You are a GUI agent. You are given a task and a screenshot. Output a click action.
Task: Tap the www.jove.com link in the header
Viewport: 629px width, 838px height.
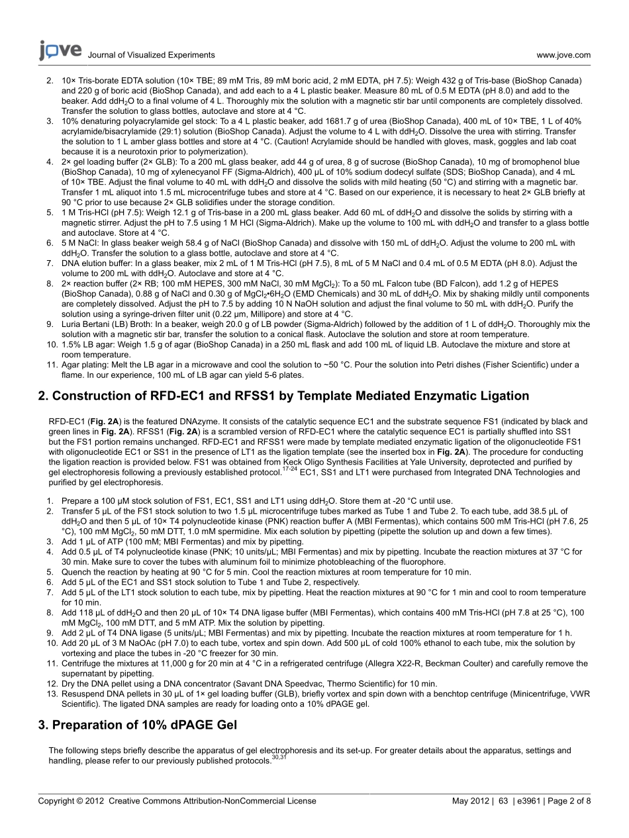pyautogui.click(x=563, y=56)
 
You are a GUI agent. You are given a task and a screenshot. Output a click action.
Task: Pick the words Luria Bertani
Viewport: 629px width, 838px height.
pyautogui.click(x=87, y=324)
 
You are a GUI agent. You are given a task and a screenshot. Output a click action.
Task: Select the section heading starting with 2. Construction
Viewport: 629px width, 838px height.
pyautogui.click(x=283, y=396)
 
